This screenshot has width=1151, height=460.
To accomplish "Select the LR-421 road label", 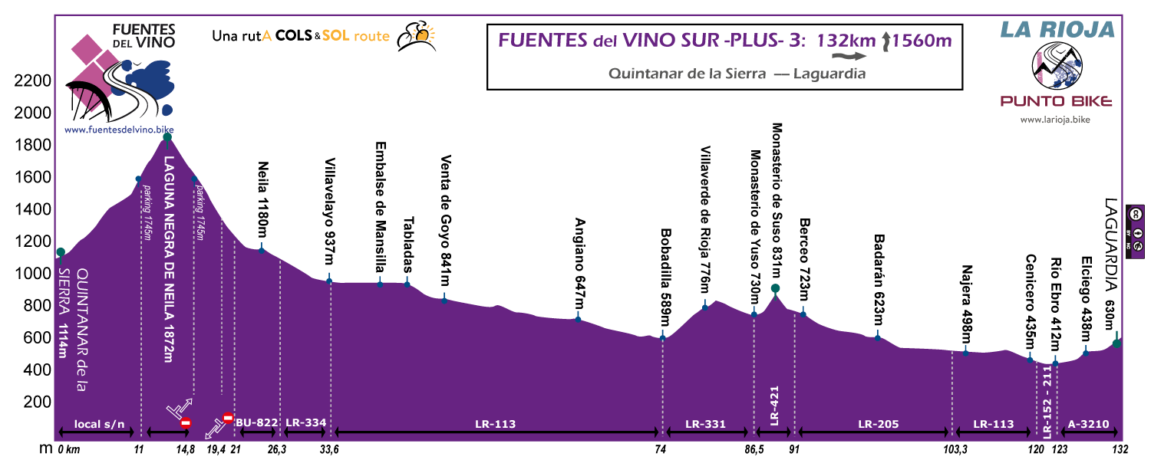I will tap(775, 405).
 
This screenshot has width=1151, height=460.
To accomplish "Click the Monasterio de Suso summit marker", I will tap(775, 288).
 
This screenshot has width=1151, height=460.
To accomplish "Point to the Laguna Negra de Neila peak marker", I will tap(167, 137).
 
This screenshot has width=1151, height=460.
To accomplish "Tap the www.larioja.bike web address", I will tap(1055, 120).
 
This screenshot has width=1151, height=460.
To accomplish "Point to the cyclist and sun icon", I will tap(415, 35).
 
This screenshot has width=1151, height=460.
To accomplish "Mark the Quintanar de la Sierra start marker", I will tap(61, 252).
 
